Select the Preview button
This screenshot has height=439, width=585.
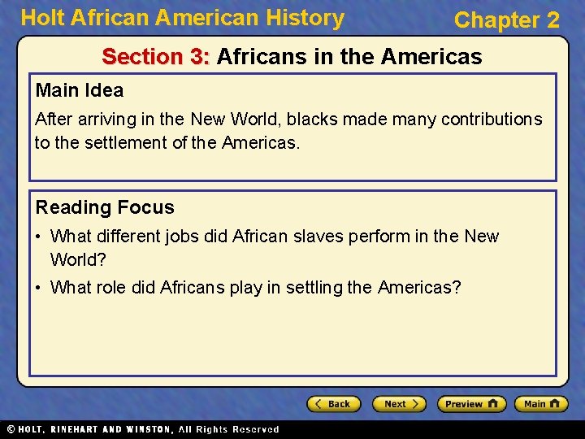pos(471,404)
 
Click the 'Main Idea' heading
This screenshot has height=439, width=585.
pos(79,90)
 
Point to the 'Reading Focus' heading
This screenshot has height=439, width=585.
pos(105,207)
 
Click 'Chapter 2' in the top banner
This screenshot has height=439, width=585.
pos(506,20)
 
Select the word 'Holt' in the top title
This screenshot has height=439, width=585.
pos(41,18)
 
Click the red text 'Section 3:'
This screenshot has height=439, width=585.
pos(156,57)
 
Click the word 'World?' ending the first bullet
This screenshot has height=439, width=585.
pos(78,260)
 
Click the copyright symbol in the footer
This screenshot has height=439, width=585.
pos(11,429)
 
